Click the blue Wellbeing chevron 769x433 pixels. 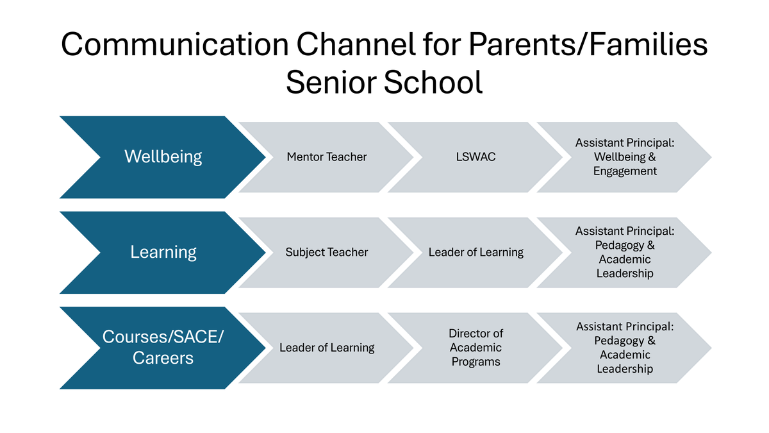163,157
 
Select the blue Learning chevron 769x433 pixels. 163,252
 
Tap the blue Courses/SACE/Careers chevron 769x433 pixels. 163,348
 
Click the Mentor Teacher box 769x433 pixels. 327,157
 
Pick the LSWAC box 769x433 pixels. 475,157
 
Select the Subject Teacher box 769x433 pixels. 327,252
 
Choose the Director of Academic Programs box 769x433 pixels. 475,348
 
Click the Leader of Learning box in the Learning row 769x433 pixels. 475,252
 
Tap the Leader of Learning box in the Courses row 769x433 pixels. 327,348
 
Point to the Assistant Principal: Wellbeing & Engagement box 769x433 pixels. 625,157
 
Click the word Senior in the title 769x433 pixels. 333,83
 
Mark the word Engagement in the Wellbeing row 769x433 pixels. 625,171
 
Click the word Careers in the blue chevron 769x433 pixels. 163,358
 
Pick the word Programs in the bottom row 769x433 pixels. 475,362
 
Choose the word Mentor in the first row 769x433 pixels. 305,157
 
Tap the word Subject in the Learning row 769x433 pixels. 304,252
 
